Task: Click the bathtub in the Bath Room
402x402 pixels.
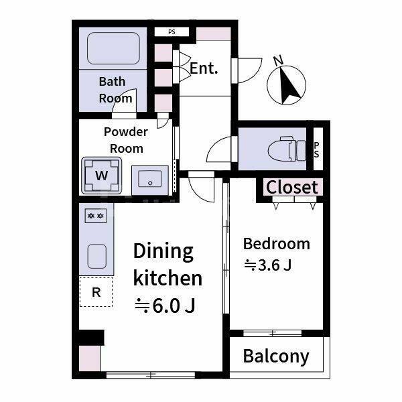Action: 114,48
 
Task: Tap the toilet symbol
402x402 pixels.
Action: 287,149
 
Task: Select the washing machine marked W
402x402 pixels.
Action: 102,176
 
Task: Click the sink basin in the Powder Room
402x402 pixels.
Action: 150,180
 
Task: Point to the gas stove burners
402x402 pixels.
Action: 96,216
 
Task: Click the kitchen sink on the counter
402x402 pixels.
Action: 97,257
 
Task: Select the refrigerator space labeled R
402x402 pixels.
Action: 96,291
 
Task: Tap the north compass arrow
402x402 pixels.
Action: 289,86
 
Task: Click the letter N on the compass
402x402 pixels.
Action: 278,60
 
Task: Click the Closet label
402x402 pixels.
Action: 292,187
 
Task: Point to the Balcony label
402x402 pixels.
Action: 276,356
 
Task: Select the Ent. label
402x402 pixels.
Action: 204,68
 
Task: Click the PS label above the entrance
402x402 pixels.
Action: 172,32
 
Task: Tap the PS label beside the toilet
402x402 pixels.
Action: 317,149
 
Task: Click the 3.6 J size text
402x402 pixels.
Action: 268,265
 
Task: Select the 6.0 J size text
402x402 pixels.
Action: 165,306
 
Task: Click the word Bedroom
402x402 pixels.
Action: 276,244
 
